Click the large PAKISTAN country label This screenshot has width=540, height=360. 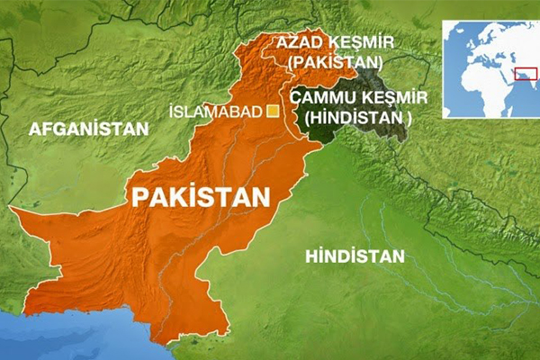click(202, 197)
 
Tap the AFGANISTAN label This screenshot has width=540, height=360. click(88, 129)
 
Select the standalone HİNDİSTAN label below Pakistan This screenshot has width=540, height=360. click(355, 256)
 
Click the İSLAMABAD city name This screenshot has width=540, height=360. click(215, 112)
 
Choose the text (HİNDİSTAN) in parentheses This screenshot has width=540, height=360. click(358, 117)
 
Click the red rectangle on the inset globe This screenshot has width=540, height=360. click(521, 72)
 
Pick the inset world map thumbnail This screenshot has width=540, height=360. click(490, 68)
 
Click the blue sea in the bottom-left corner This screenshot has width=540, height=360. click(54, 337)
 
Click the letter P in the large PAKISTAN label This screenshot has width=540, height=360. click(140, 197)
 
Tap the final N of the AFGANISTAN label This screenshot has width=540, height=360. click(141, 129)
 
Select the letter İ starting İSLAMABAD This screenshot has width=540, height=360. click(172, 112)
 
